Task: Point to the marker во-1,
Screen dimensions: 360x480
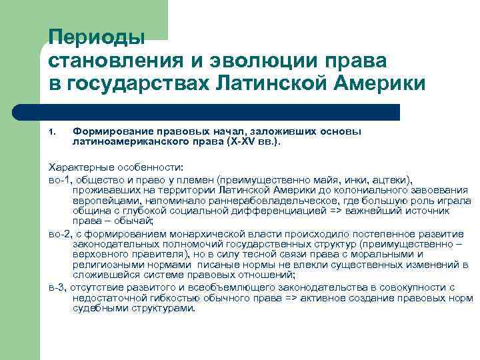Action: tap(61, 180)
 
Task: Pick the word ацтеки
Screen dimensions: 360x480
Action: tap(393, 180)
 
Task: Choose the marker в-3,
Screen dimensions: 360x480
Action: tap(58, 287)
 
